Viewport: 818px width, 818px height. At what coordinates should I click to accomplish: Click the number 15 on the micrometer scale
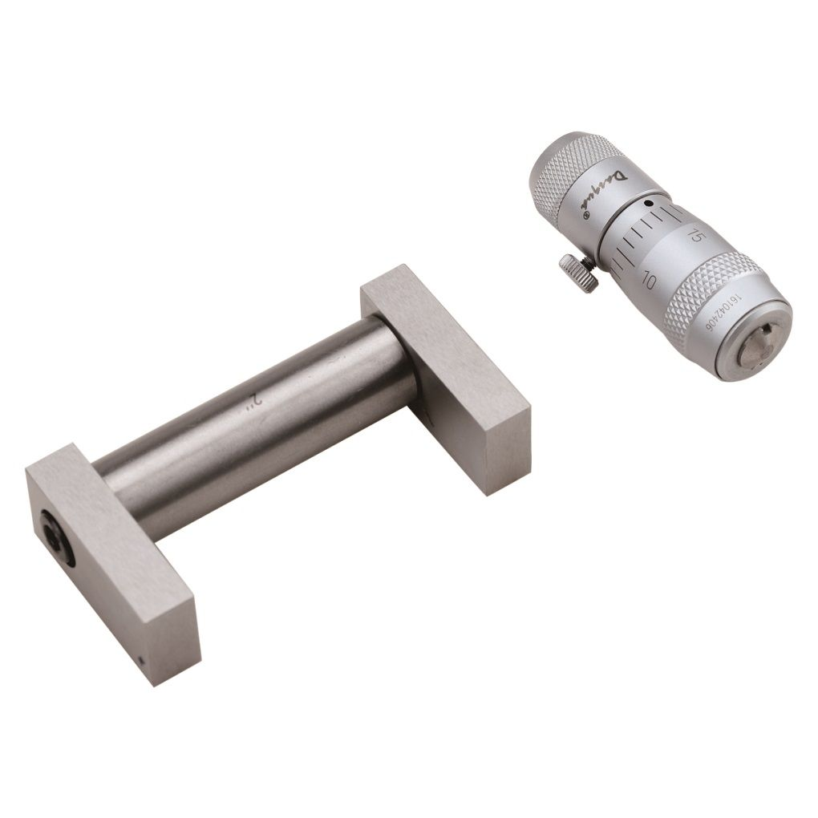click(x=695, y=236)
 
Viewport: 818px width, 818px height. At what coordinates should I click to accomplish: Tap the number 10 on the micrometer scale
click(x=649, y=281)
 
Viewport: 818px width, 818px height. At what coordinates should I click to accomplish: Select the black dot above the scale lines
click(x=647, y=204)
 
